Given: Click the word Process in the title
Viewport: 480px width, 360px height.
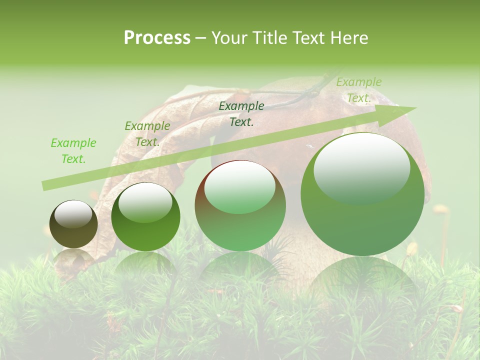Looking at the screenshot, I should pyautogui.click(x=157, y=37).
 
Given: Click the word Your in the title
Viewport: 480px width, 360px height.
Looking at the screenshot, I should pyautogui.click(x=229, y=37).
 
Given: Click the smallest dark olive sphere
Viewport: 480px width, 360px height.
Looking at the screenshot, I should pyautogui.click(x=73, y=224).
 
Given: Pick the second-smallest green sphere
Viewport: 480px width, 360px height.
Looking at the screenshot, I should pyautogui.click(x=145, y=216).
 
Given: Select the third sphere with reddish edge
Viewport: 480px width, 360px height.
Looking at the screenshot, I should pyautogui.click(x=240, y=205).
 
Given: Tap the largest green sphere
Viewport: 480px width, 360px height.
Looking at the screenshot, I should pyautogui.click(x=362, y=194).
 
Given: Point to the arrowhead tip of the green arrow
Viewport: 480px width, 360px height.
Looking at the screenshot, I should pyautogui.click(x=416, y=107).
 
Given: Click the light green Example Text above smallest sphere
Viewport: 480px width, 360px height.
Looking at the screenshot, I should pyautogui.click(x=73, y=151).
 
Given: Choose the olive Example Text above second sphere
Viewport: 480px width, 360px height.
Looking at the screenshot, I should pyautogui.click(x=147, y=134).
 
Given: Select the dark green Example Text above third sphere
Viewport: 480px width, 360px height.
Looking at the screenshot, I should pyautogui.click(x=241, y=113).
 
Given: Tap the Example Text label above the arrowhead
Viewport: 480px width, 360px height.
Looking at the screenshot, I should pyautogui.click(x=358, y=90).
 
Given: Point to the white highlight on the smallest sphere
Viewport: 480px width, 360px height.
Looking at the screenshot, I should pyautogui.click(x=73, y=213).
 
